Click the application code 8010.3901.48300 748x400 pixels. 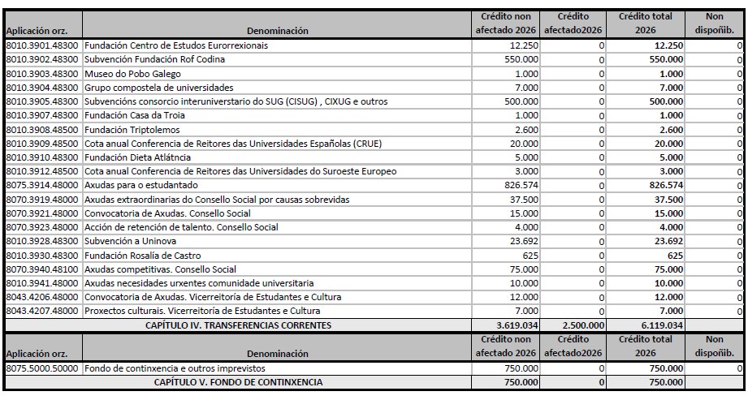click(42, 45)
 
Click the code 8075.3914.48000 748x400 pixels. click(42, 186)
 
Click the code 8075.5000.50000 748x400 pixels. click(42, 368)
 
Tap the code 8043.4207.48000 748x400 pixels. click(42, 312)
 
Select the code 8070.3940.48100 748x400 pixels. click(42, 269)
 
